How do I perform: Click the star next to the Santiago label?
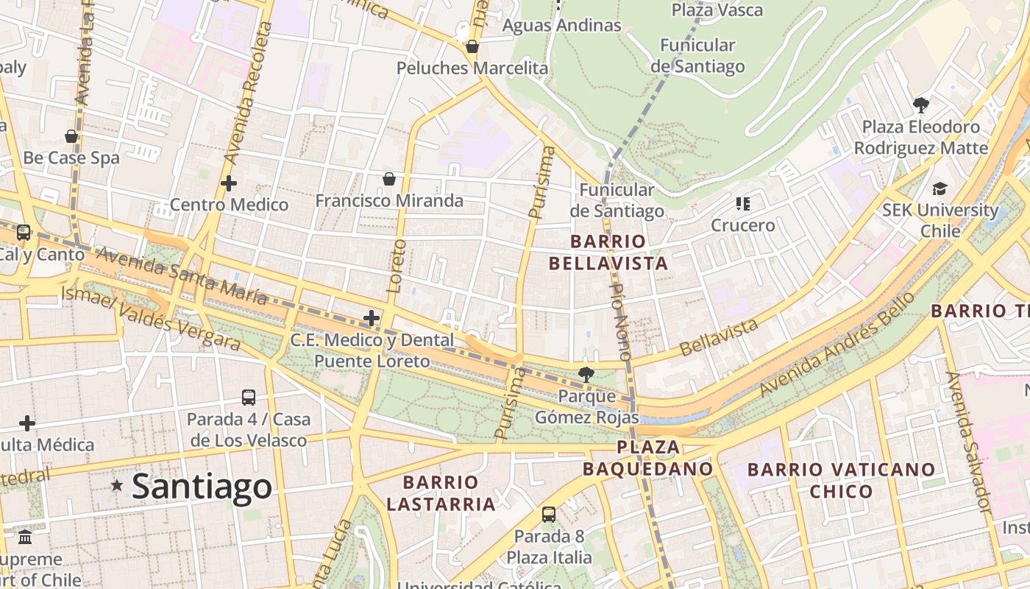(x=116, y=485)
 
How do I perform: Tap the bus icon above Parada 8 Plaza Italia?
(x=548, y=514)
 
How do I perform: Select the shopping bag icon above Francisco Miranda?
(x=388, y=179)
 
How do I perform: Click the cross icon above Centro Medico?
(x=229, y=183)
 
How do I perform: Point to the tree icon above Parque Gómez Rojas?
(x=586, y=375)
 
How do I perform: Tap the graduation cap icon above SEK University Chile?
(x=940, y=188)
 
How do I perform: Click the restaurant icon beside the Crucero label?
(x=742, y=203)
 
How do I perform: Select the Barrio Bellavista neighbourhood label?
(x=608, y=252)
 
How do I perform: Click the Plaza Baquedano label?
(x=647, y=457)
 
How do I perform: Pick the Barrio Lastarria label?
(x=441, y=493)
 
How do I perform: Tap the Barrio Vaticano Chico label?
(x=841, y=479)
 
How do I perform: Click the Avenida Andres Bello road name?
(x=837, y=345)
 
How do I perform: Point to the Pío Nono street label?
(x=622, y=321)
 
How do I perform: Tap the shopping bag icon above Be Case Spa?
(x=71, y=136)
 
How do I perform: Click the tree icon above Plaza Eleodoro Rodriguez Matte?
(x=920, y=105)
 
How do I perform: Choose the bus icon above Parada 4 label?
(x=249, y=398)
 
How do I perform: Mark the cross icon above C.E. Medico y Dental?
(x=372, y=318)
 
